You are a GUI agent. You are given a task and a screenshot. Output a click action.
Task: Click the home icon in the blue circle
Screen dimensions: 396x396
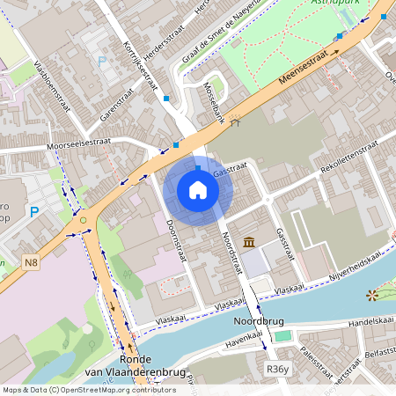pyautogui.click(x=198, y=190)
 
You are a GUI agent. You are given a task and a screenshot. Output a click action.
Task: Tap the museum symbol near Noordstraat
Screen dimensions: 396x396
pyautogui.click(x=249, y=243)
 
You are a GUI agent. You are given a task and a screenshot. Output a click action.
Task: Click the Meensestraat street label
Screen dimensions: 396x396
pyautogui.click(x=309, y=67)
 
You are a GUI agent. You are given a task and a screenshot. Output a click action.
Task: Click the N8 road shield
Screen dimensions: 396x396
pyautogui.click(x=32, y=261)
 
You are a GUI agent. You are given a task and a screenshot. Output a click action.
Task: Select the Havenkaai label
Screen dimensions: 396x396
pyautogui.click(x=249, y=335)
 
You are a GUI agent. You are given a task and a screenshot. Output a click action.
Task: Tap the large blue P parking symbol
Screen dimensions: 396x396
pyautogui.click(x=34, y=212)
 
